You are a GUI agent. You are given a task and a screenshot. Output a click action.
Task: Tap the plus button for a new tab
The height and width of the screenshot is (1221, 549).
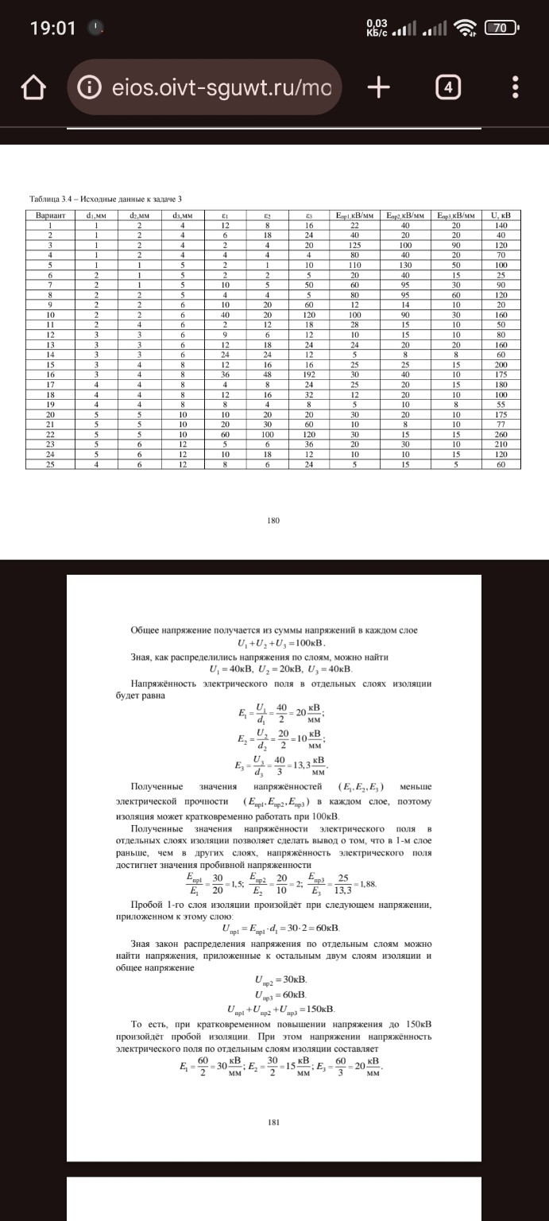[378, 87]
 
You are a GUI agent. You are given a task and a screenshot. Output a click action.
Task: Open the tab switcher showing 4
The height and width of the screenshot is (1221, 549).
[449, 87]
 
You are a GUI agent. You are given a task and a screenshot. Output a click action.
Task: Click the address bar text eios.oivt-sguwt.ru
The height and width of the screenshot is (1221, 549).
[211, 87]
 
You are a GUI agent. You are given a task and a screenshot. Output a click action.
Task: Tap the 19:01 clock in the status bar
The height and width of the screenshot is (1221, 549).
[52, 29]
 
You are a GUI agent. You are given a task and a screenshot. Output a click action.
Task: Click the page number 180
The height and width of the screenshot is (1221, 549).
[274, 521]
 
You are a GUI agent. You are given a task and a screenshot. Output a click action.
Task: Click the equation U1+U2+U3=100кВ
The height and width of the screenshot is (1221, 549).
[274, 642]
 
